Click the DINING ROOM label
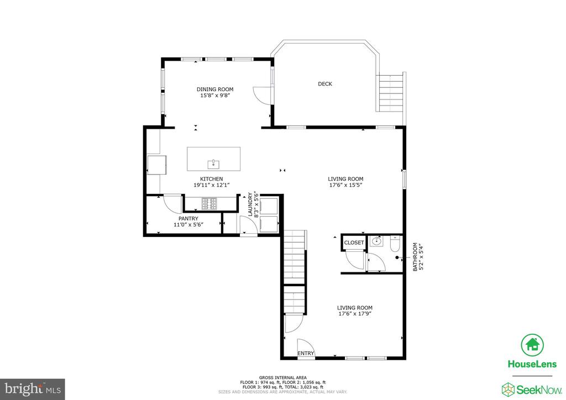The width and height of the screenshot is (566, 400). [x=215, y=89]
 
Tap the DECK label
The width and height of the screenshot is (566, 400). [x=325, y=83]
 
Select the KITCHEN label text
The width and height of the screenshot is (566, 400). [x=212, y=178]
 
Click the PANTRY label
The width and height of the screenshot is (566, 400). [x=188, y=218]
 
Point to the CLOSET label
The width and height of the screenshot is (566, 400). [x=354, y=243]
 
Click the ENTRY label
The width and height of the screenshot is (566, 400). [x=306, y=353]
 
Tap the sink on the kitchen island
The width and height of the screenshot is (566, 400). [x=213, y=164]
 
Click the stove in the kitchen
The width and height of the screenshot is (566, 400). [x=209, y=203]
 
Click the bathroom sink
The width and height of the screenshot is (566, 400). [x=376, y=241]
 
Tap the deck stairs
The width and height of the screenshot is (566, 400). [x=391, y=93]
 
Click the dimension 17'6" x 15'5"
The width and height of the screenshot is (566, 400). [x=345, y=185]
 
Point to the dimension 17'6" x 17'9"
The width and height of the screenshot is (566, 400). [x=355, y=314]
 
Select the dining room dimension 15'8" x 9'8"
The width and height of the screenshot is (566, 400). [x=215, y=96]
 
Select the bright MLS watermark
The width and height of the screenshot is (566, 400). [x=33, y=389]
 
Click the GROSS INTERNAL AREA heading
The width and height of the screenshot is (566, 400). [x=282, y=378]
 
